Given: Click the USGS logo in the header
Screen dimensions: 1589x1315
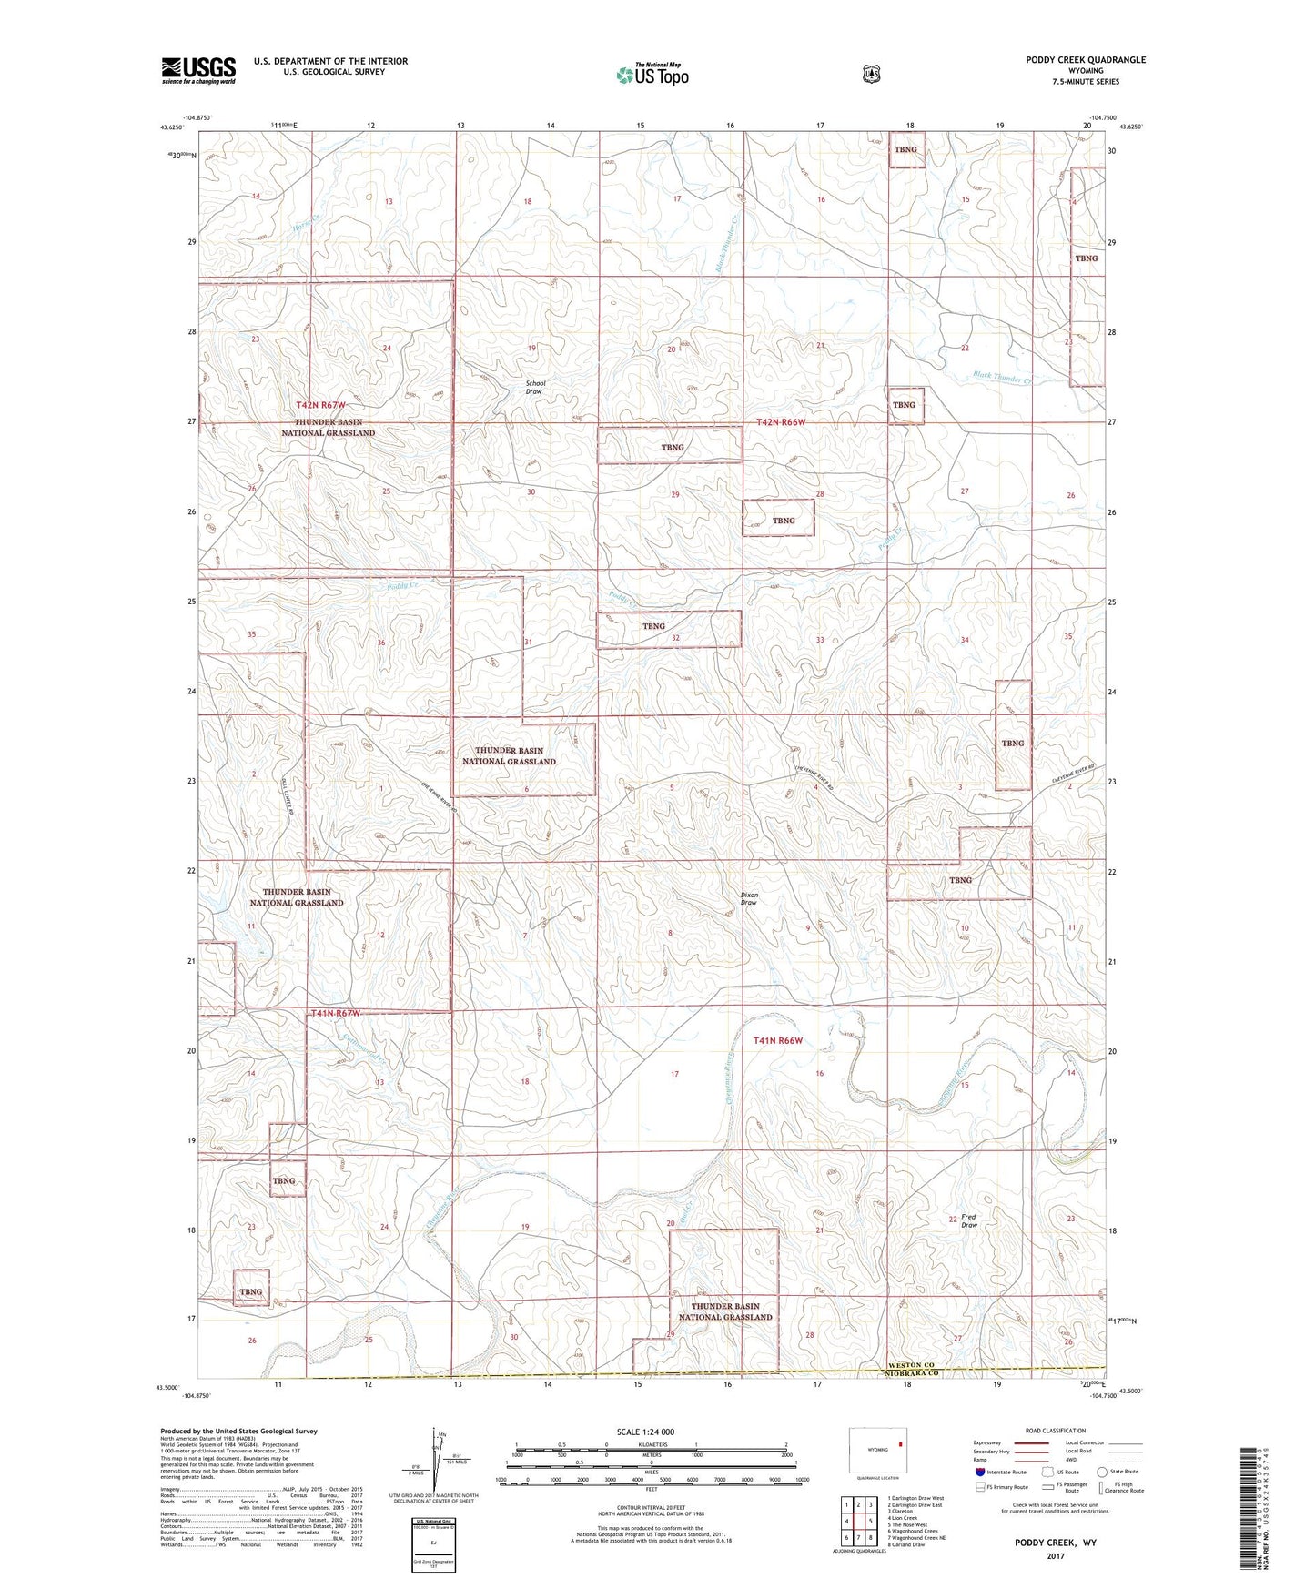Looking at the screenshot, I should [x=198, y=70].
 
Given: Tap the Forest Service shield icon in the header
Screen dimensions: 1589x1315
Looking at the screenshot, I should [x=872, y=74].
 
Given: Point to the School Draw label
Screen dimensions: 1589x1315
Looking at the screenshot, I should [x=536, y=388].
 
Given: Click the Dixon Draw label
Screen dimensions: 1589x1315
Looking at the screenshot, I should [x=749, y=898].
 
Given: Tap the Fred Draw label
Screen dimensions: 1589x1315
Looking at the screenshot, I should [x=969, y=1220].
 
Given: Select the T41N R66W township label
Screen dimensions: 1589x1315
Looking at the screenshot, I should [x=778, y=1040].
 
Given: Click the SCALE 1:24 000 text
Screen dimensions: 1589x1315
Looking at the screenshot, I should [x=645, y=1432].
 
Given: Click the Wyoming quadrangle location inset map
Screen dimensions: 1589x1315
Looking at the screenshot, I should [x=877, y=1449].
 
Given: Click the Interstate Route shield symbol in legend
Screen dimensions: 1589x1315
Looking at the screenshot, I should [x=979, y=1472].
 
